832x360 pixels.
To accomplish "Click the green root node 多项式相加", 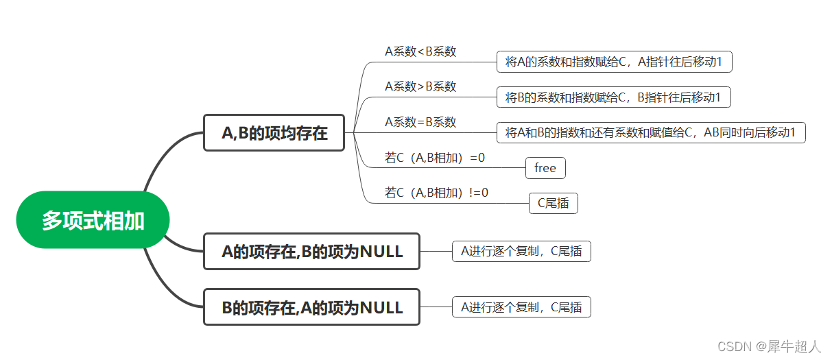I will click(x=93, y=220).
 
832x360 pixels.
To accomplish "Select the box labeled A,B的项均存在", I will click(x=274, y=133).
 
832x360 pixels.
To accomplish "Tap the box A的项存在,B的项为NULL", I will click(x=312, y=252).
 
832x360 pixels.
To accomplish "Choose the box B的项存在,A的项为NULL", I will click(x=312, y=307).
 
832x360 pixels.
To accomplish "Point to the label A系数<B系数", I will click(x=420, y=51).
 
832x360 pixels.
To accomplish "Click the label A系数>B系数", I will click(x=420, y=86).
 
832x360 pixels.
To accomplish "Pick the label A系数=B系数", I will click(x=420, y=122).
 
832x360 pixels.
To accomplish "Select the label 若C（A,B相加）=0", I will click(x=435, y=158).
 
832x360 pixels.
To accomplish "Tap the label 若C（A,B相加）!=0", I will click(x=437, y=193).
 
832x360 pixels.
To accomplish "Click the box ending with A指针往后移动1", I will click(x=614, y=62).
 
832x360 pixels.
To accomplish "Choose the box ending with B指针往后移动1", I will click(x=613, y=97).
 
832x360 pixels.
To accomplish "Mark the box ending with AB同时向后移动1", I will click(x=650, y=133).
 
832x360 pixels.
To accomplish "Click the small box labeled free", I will click(x=545, y=168).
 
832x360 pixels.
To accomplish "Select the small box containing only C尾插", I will click(x=553, y=203).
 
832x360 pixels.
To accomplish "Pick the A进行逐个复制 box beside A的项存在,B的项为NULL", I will click(x=521, y=252).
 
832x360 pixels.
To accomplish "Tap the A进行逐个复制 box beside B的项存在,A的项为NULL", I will click(x=521, y=307).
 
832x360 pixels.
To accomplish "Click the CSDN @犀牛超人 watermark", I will click(x=769, y=346).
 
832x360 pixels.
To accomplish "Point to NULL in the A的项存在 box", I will click(x=381, y=252).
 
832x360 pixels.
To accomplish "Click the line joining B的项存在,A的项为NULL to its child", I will click(x=436, y=307).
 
